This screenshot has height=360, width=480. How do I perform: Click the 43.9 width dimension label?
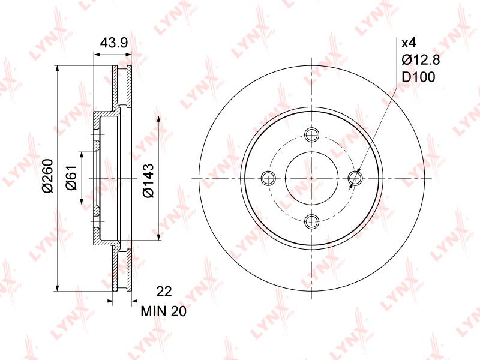point(114,43)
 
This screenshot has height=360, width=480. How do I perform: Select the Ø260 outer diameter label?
point(49,176)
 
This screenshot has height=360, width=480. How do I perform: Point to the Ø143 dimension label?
point(148,181)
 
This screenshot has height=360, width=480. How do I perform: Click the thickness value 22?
point(164,292)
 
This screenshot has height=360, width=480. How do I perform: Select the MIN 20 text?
point(163,311)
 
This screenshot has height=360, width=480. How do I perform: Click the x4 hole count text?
point(409,43)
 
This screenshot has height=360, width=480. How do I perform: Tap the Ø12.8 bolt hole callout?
point(421,60)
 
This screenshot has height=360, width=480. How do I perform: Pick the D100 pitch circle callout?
point(418,77)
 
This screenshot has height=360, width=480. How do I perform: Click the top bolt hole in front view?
point(312,134)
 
